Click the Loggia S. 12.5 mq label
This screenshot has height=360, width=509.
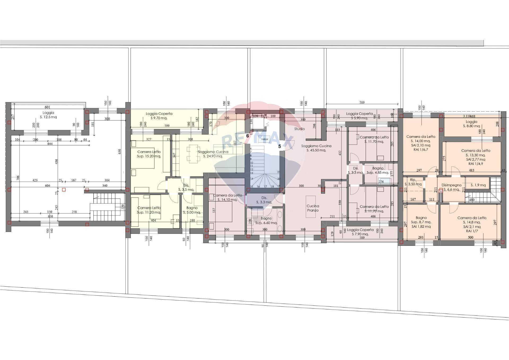48,115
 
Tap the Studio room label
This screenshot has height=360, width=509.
299,129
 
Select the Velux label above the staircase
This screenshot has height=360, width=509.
265,139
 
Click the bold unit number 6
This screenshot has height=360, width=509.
248,136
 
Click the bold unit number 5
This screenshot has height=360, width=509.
279,146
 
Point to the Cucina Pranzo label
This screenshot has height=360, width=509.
313,208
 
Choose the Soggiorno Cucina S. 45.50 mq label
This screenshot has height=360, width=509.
316,148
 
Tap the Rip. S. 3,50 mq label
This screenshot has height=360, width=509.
415,182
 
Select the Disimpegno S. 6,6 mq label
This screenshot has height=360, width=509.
451,187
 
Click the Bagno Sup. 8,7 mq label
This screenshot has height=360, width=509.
421,222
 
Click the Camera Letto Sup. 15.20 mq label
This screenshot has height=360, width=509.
149,154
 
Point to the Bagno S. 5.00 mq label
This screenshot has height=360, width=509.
192,210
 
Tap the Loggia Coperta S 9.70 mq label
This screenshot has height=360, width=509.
159,116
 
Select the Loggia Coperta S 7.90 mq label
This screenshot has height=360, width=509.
360,232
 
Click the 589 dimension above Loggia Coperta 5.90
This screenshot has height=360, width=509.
362,102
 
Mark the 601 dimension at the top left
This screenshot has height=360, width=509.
47,107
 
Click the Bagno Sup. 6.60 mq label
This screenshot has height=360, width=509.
266,221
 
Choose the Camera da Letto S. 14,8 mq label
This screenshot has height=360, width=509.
472,222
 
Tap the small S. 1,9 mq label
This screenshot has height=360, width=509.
478,185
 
